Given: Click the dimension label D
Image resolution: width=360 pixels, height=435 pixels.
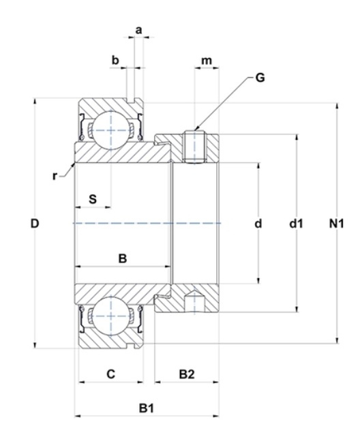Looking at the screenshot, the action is (x=35, y=224).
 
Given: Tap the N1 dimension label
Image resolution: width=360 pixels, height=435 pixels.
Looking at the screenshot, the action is (x=336, y=224).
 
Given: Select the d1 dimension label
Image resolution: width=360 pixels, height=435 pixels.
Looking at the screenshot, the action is (x=296, y=224).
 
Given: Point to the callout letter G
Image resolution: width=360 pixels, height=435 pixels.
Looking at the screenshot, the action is (x=260, y=78).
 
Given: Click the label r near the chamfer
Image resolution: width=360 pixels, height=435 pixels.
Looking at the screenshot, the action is (x=55, y=176).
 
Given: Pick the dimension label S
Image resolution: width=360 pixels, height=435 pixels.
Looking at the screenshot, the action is (x=93, y=199).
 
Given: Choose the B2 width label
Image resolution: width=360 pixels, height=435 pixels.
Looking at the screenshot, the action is (x=187, y=374).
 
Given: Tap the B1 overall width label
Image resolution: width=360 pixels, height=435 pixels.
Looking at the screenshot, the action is (x=146, y=408).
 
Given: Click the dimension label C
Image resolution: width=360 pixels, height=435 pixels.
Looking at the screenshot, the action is (x=110, y=374).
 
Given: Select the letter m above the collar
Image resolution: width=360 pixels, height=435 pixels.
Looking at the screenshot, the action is (x=207, y=60).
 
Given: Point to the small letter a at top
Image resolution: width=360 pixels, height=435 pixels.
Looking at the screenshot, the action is (x=138, y=30).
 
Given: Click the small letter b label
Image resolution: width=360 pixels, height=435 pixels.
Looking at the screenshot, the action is (x=115, y=60).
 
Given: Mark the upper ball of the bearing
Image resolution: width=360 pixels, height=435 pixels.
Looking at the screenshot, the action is (x=111, y=130).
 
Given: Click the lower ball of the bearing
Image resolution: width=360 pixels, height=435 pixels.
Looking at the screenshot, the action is (x=111, y=316).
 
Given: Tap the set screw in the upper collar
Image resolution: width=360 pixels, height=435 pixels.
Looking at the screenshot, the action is (x=194, y=147).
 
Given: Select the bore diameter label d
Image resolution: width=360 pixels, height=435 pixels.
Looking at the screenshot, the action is (x=258, y=224).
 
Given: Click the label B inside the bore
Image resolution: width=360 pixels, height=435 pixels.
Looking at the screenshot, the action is (x=123, y=258).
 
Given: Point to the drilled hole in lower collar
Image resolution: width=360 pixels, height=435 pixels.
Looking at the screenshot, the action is (x=194, y=301).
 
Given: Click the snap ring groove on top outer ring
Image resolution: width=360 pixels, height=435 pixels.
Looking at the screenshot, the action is (x=130, y=100).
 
